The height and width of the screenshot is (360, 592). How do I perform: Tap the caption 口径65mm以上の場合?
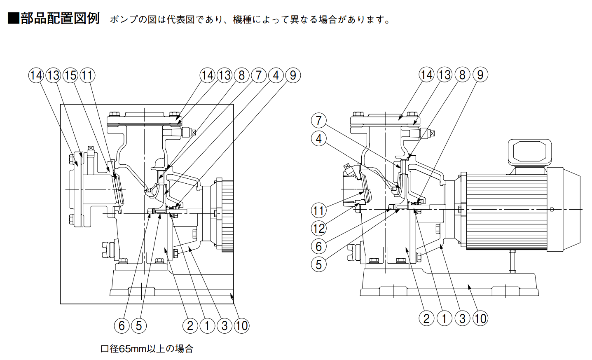coord(147,349)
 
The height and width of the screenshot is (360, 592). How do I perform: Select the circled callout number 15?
coord(70,75)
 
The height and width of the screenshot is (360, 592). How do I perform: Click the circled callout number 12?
coord(318,229)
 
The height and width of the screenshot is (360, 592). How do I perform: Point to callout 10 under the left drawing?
coord(241,326)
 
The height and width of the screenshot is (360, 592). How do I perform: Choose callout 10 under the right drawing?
coord(480,318)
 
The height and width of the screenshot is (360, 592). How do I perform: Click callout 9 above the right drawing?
coord(480,75)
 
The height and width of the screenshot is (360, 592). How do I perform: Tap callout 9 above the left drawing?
coord(293,75)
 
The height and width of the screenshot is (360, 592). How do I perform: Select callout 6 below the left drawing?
coord(122,326)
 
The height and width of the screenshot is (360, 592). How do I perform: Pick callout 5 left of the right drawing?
coord(318,264)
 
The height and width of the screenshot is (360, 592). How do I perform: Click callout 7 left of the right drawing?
coord(318,121)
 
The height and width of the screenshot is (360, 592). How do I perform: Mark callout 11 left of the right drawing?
coord(318,211)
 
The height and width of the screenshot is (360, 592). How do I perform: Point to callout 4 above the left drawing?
coord(276,75)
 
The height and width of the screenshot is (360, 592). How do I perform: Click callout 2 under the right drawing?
coord(426,318)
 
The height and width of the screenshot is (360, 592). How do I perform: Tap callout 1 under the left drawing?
coord(207,326)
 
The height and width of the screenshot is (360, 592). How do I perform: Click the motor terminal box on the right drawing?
coord(529,152)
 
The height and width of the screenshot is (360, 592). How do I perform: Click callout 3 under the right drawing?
coord(462,318)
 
